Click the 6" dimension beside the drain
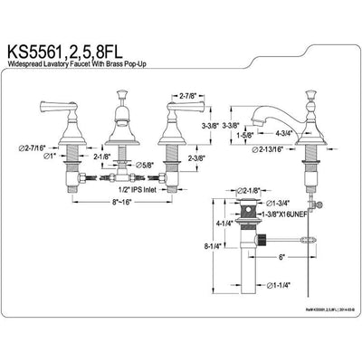(281, 257)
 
